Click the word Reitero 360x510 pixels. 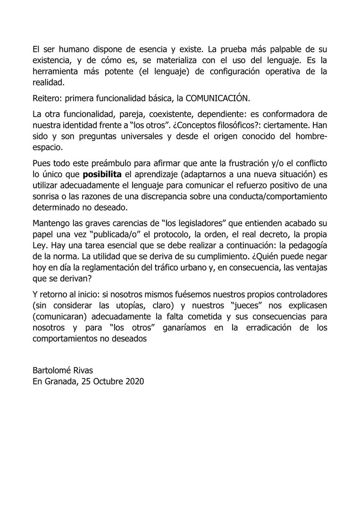pyautogui.click(x=46, y=98)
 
